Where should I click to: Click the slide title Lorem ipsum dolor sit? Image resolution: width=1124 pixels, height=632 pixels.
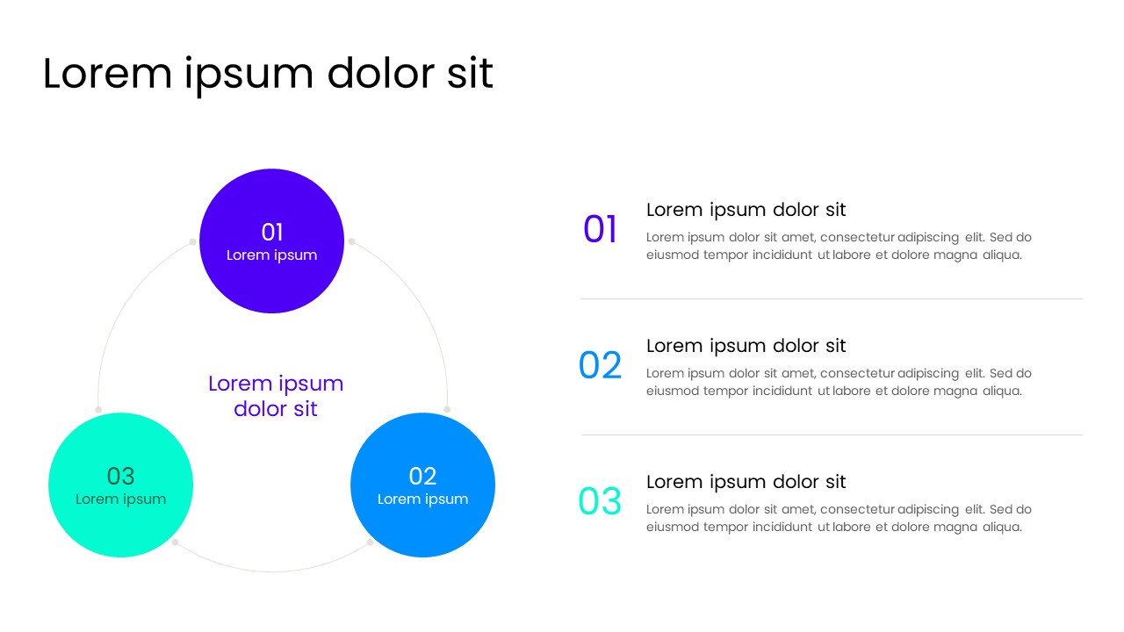268,74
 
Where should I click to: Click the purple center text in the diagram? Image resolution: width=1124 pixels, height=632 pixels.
276,396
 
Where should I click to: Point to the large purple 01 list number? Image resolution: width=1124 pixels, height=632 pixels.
601,229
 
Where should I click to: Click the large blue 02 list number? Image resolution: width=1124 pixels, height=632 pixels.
601,365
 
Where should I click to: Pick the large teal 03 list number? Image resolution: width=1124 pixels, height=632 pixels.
600,501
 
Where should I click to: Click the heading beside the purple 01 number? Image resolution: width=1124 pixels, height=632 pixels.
746,210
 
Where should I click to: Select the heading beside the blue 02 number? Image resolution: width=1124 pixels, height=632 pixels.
746,346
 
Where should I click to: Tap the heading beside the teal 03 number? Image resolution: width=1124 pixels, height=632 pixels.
746,482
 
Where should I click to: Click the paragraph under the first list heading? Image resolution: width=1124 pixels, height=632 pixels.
838,246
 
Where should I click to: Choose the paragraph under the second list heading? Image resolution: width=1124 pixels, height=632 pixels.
838,382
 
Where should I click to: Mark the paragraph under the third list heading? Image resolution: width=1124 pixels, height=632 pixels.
838,518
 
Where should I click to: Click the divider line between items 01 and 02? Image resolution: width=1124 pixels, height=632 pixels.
831,298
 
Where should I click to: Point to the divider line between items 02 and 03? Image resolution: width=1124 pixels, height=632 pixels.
831,434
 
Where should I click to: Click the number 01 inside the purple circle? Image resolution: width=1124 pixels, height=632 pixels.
272,232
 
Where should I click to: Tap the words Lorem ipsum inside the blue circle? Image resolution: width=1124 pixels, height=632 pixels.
422,499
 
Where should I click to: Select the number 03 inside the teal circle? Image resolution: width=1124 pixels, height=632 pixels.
120,476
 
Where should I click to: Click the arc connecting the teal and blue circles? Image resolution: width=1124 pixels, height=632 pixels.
272,571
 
